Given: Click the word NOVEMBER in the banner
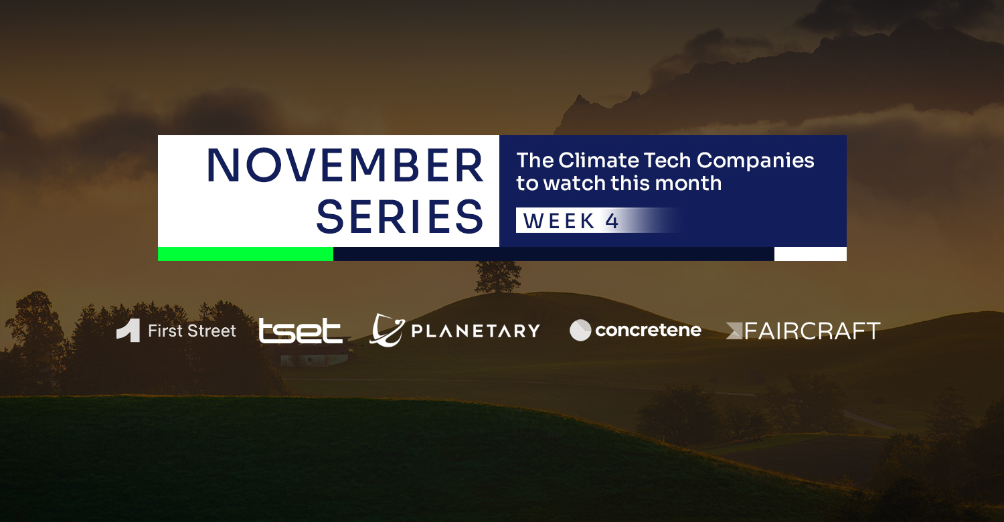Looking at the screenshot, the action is pos(345,165).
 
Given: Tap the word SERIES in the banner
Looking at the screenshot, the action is pos(400,217).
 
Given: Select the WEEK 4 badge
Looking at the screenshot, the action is pos(598,220).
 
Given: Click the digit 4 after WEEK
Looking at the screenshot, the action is pos(612,221).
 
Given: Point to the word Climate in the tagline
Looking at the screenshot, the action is pos(598,161).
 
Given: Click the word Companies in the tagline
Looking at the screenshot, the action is pos(755,161).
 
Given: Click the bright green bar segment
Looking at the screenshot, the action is pos(246,254).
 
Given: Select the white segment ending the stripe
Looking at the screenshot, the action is pos(811,254).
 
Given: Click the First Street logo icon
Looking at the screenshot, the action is pos(129,331).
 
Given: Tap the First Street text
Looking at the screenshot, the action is pos(192,331).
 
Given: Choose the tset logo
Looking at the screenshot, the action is pos(301,331).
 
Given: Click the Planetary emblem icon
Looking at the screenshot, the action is pos(387,330).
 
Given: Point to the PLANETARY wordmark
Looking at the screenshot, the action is pos(475,331).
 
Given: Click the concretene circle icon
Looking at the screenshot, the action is pos(580,330).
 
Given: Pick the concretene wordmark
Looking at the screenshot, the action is pos(648,330).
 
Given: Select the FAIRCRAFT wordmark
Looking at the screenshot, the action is pos(812,331).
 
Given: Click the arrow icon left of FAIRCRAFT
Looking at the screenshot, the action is pos(734,331).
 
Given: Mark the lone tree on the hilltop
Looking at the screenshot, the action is pos(497,277).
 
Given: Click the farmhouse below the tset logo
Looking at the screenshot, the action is pos(314,359).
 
